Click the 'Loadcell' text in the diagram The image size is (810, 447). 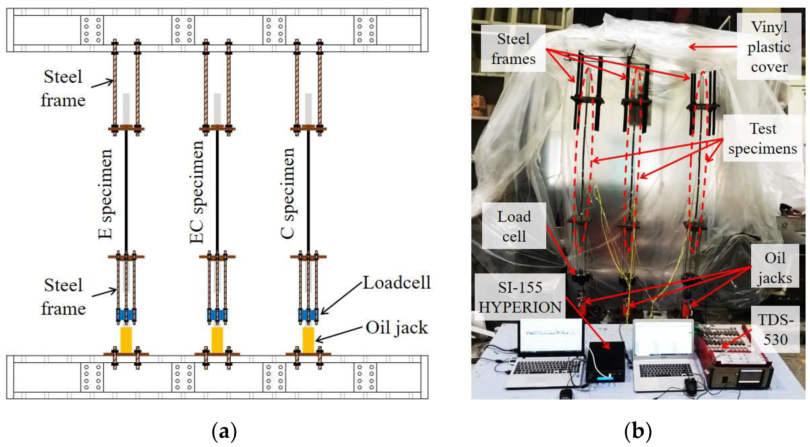coord(397,283)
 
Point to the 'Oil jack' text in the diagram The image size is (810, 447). coord(397,327)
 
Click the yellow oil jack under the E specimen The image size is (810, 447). coord(126,340)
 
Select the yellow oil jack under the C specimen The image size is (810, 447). coord(308,340)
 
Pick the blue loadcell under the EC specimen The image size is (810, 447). coord(217,315)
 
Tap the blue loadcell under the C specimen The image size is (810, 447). coord(308,315)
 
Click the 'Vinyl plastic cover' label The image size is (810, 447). coord(769,46)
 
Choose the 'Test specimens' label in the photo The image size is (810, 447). coord(763,138)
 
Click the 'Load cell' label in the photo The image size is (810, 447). coord(514,226)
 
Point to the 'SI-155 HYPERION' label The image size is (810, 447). coord(520,297)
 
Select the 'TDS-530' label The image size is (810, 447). coord(776,329)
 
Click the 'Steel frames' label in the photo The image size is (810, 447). coord(513,49)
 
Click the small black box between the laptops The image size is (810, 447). coord(606,362)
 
